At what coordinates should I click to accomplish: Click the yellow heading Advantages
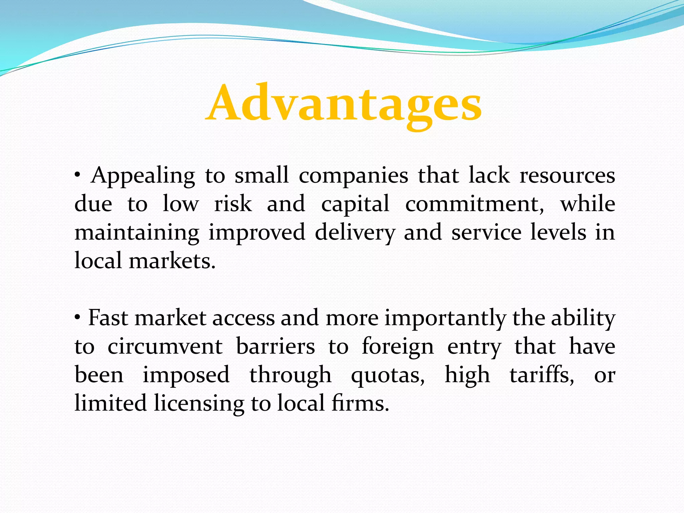[x=344, y=104]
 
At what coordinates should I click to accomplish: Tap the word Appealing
[x=143, y=176]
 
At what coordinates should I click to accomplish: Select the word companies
[x=353, y=176]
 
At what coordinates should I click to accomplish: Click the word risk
[x=233, y=204]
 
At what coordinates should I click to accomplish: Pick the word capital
[x=355, y=204]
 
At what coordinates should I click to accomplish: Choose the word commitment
[x=475, y=204]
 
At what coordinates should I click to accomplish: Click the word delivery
[x=355, y=233]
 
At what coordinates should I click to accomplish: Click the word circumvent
[x=165, y=346]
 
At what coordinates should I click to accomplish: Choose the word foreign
[x=398, y=347]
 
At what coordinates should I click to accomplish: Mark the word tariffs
[x=542, y=375]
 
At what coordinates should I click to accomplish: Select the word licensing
[x=199, y=403]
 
